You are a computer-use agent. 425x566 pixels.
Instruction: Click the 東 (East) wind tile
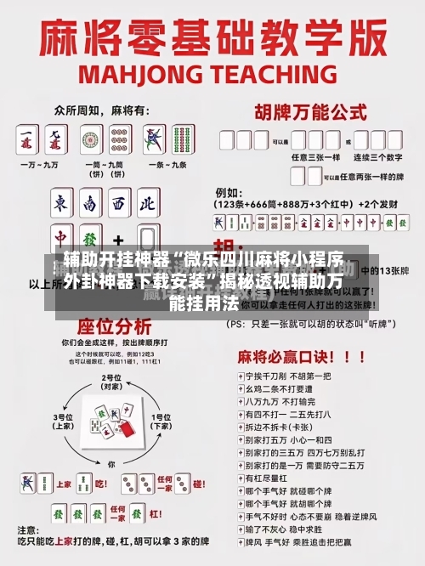click(x=61, y=204)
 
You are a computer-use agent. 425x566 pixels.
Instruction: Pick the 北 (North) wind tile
click(x=146, y=204)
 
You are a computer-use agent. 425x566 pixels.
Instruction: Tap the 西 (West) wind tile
click(x=118, y=204)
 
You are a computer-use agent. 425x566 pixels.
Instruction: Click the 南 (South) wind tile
click(x=89, y=204)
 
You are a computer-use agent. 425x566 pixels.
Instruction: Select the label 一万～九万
click(x=41, y=164)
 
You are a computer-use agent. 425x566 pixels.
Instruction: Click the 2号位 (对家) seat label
click(x=112, y=382)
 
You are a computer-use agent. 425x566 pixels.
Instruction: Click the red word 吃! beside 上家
click(x=99, y=484)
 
